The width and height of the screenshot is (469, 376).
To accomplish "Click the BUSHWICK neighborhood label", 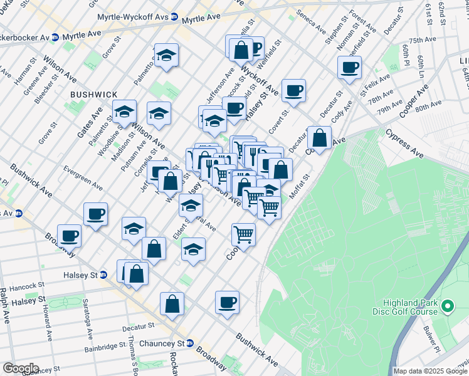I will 94,94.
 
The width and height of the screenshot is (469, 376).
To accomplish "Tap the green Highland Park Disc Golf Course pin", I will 447,307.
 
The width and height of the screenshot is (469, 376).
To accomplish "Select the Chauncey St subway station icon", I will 198,343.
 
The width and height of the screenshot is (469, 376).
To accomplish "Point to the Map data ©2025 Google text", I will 430,371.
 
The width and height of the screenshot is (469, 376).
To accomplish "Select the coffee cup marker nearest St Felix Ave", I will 349,68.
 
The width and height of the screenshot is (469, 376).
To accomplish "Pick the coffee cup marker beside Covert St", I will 293,91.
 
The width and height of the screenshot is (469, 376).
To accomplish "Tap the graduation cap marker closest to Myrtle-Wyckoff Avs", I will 166,55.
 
